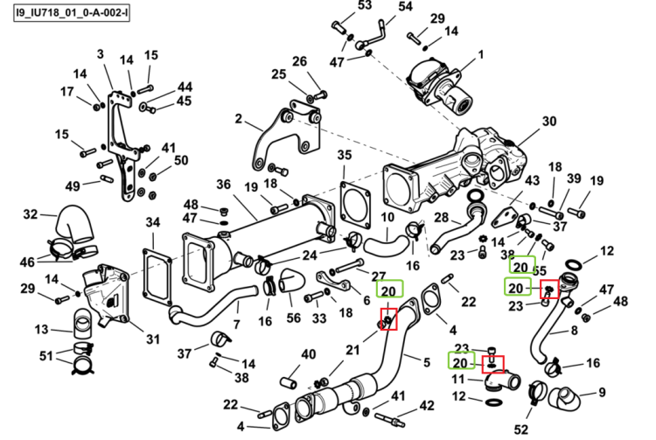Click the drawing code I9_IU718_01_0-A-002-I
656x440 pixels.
[x=72, y=12]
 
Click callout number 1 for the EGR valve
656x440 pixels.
[x=481, y=54]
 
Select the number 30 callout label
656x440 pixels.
[x=549, y=122]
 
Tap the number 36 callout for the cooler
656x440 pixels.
[x=224, y=185]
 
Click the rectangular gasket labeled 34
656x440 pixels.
[x=157, y=276]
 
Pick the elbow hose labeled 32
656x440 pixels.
[x=75, y=224]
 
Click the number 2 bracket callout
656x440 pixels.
[x=239, y=119]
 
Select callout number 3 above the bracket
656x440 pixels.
[x=100, y=54]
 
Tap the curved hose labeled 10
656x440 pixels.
[x=386, y=245]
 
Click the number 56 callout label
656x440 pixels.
[x=293, y=318]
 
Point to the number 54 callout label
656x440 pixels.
[x=405, y=6]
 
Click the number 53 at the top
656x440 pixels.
[x=365, y=5]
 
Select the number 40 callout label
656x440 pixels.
[x=309, y=354]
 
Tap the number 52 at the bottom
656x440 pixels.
[x=521, y=430]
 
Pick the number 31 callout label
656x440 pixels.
[x=153, y=339]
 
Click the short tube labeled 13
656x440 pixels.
[x=83, y=324]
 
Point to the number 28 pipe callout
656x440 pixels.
[x=442, y=218]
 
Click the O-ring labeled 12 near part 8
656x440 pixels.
[x=573, y=264]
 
